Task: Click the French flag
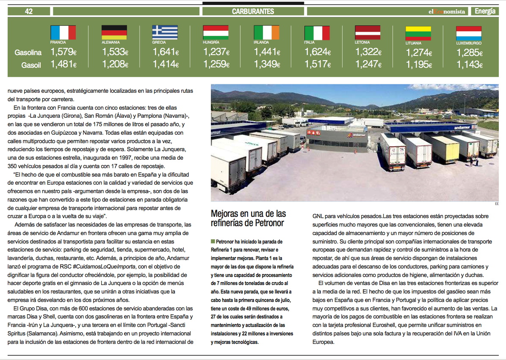(x=63, y=33)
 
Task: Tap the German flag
(x=114, y=33)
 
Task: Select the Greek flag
(x=165, y=33)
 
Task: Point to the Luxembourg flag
(x=469, y=33)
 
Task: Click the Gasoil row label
(x=31, y=65)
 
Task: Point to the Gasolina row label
(x=28, y=53)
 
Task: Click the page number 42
(x=29, y=11)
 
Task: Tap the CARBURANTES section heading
(x=253, y=11)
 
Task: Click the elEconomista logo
(x=446, y=11)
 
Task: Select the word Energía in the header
(x=485, y=11)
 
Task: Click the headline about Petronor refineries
(x=248, y=218)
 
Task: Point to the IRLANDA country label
(x=261, y=42)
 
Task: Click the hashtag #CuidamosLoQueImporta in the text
(x=105, y=266)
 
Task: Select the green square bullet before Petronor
(x=213, y=241)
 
